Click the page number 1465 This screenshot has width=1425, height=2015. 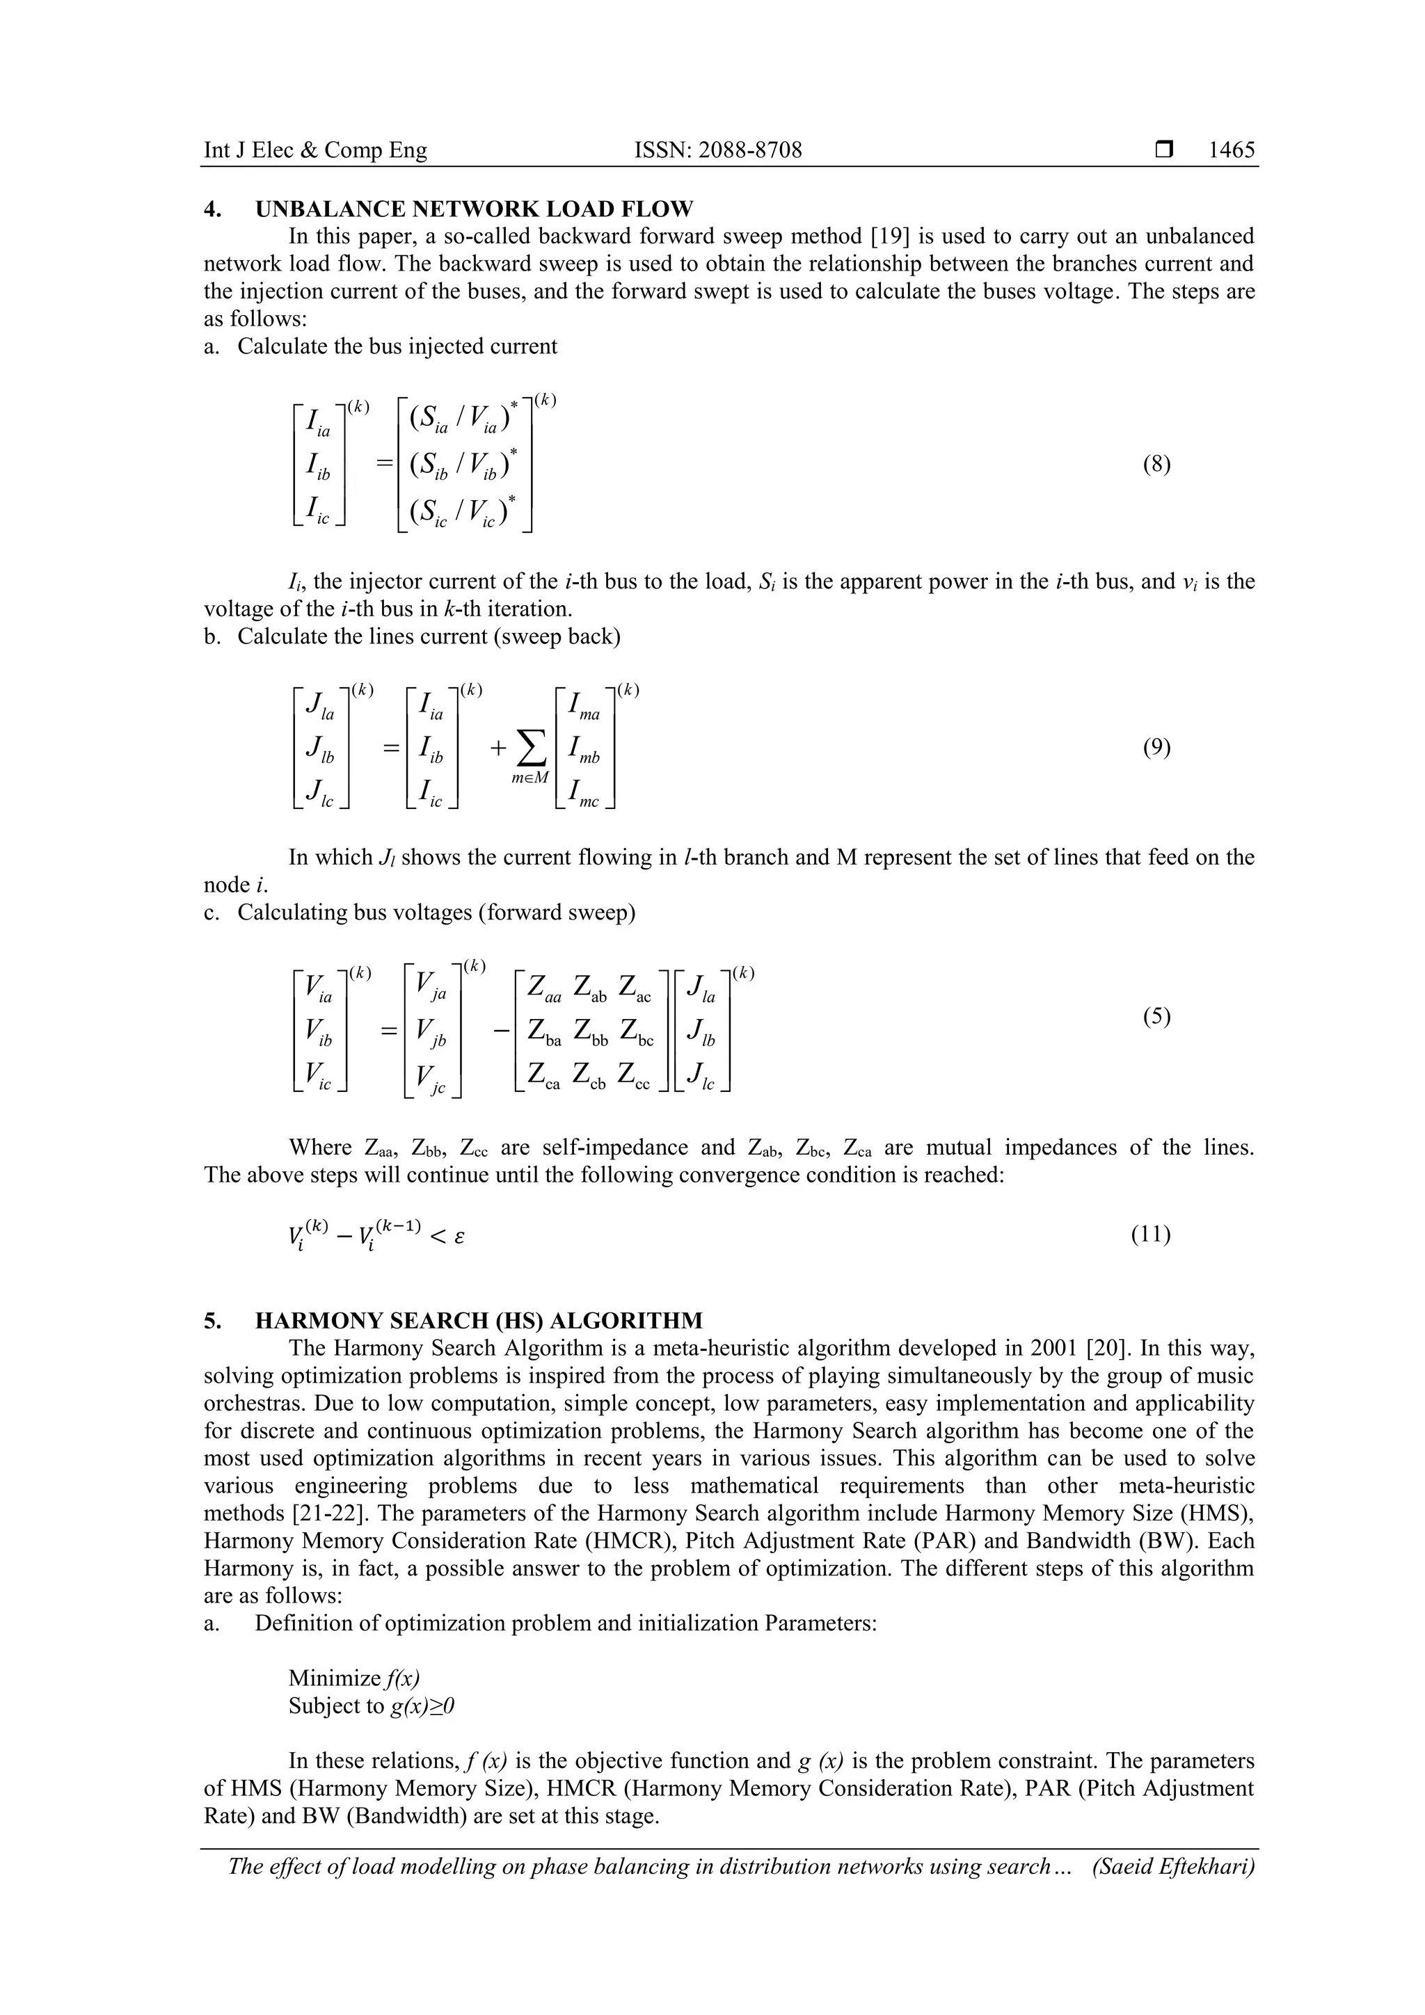pyautogui.click(x=1231, y=150)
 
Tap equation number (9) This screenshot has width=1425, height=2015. pyautogui.click(x=1156, y=748)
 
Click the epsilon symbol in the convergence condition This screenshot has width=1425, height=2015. pyautogui.click(x=459, y=1237)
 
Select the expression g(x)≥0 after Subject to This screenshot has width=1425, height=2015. pyautogui.click(x=422, y=1705)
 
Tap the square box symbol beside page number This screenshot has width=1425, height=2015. pyautogui.click(x=1164, y=150)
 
